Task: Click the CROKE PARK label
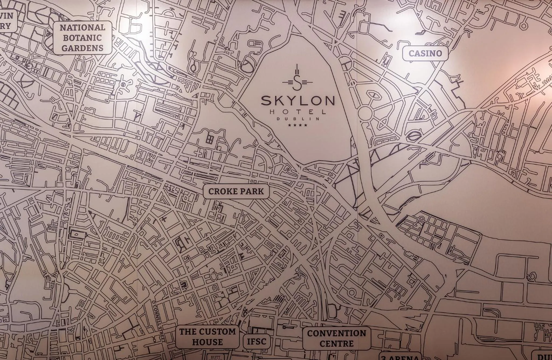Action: pyautogui.click(x=236, y=191)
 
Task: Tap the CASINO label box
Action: pyautogui.click(x=425, y=53)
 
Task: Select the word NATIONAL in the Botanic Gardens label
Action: pyautogui.click(x=82, y=28)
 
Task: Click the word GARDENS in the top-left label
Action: pyautogui.click(x=82, y=48)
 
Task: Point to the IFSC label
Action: pyautogui.click(x=256, y=342)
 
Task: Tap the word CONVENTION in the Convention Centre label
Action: pyautogui.click(x=336, y=333)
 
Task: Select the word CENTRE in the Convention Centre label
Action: pyautogui.click(x=336, y=344)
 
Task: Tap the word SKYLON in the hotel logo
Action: pyautogui.click(x=298, y=101)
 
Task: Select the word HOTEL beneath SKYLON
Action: pyautogui.click(x=298, y=112)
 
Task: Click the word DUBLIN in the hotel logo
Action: pyautogui.click(x=298, y=119)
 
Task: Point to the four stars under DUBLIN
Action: pyautogui.click(x=298, y=125)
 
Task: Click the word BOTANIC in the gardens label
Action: pyautogui.click(x=82, y=38)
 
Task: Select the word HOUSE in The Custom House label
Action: pyautogui.click(x=208, y=342)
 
